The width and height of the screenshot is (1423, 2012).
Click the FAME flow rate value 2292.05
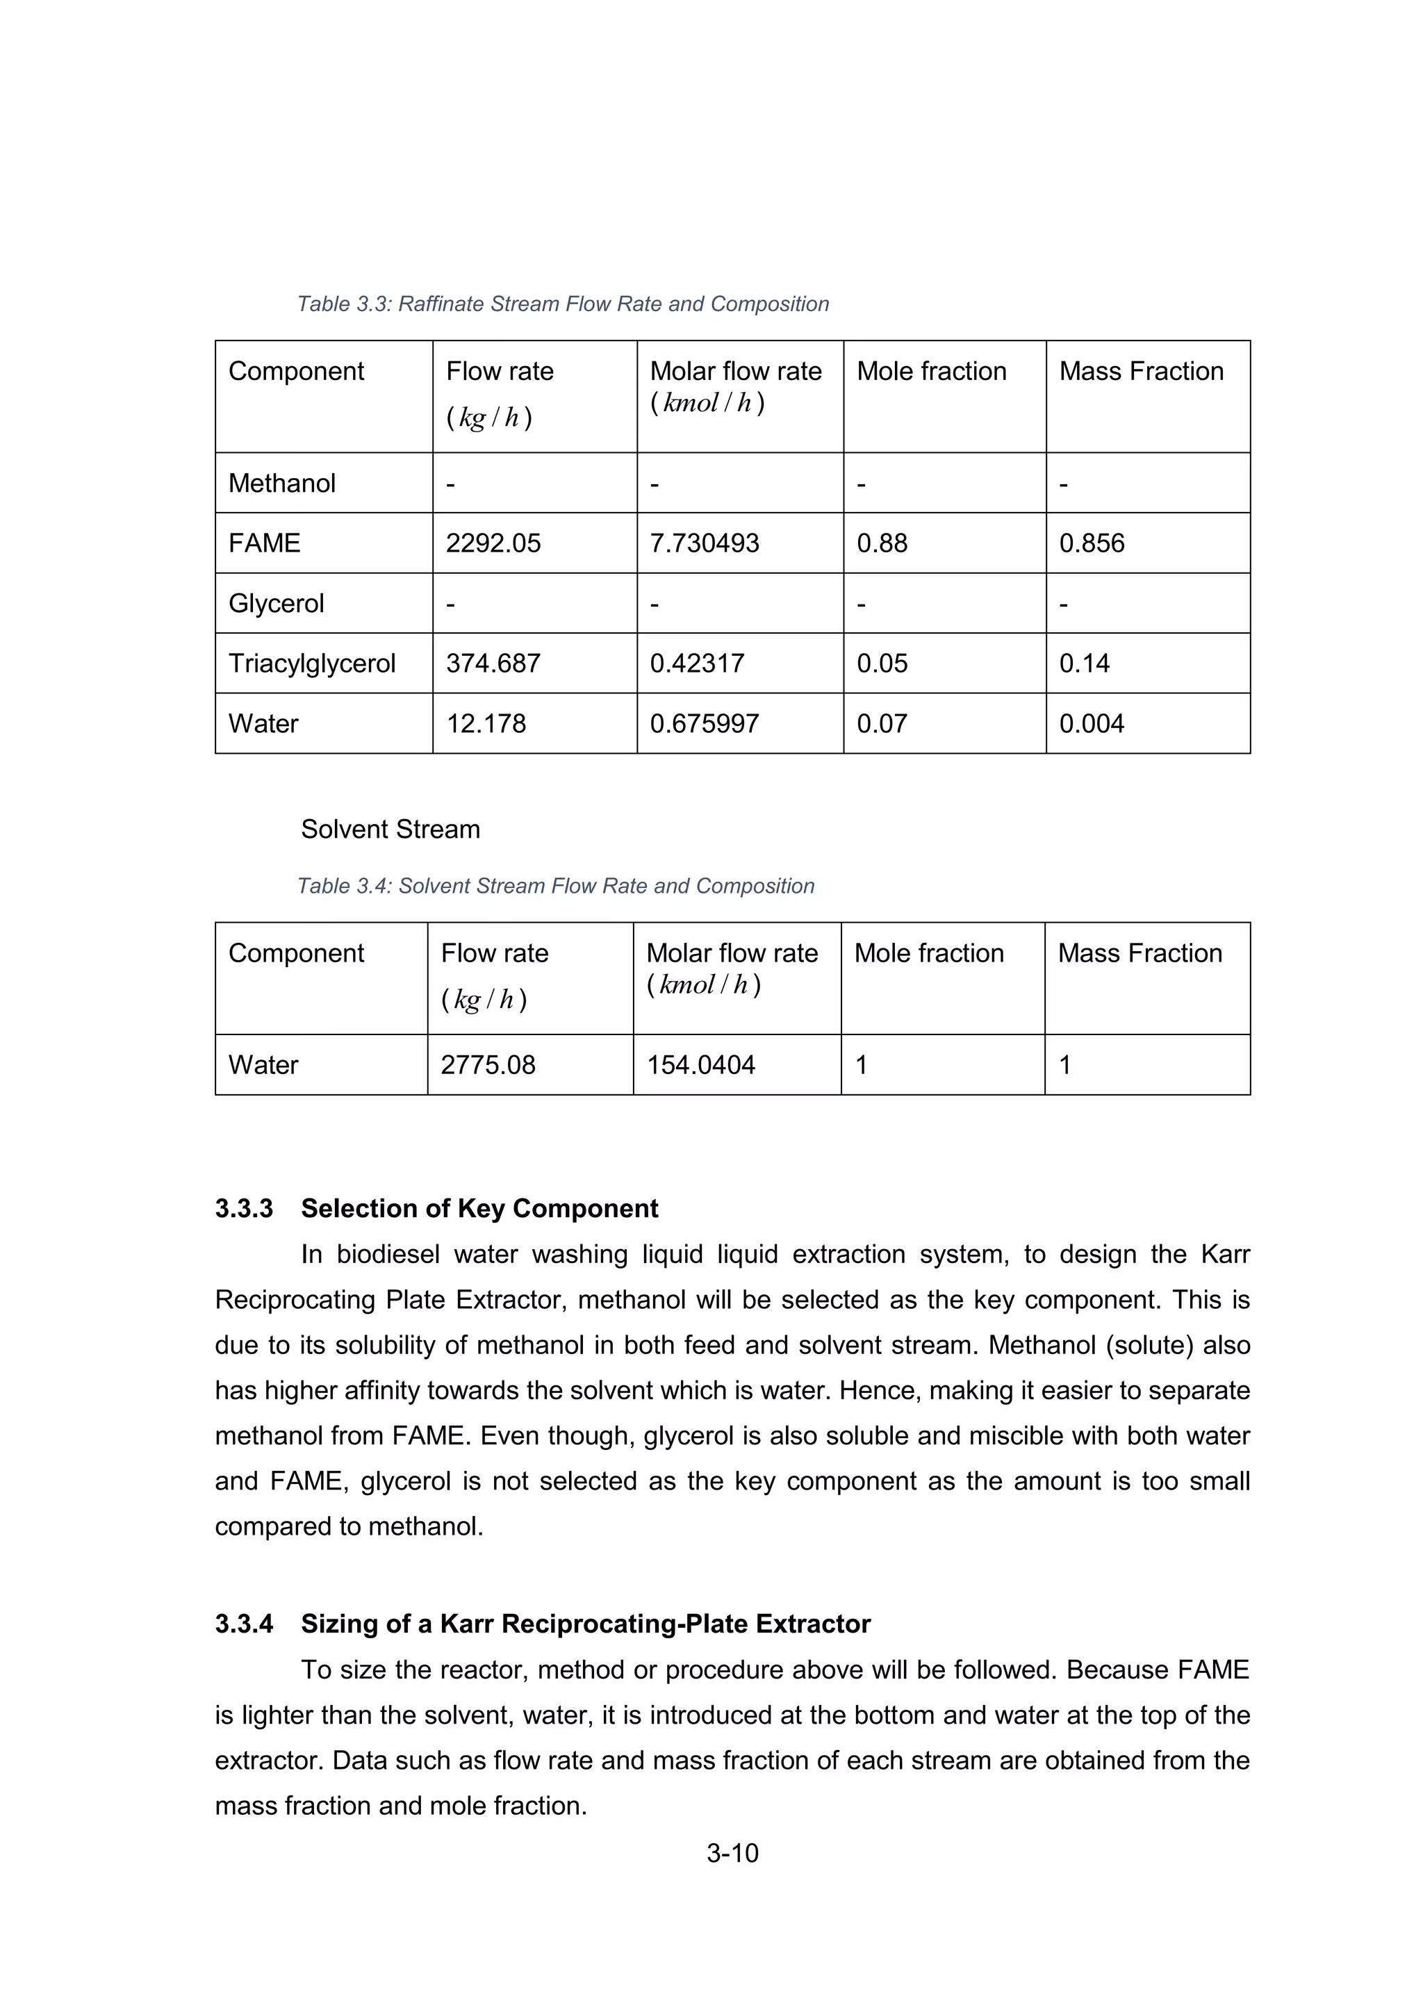[493, 543]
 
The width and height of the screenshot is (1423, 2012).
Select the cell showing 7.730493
[704, 543]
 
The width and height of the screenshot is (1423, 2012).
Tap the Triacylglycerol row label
[312, 663]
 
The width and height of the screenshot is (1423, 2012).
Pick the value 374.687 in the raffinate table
[493, 663]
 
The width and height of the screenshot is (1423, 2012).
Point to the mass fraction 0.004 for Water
[1091, 724]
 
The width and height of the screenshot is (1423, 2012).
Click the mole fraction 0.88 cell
[882, 543]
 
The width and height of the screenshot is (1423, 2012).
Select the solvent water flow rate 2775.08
[487, 1065]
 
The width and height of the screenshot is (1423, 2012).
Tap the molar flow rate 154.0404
[700, 1065]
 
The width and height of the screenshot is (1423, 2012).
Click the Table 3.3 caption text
[563, 304]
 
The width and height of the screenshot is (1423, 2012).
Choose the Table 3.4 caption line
[556, 886]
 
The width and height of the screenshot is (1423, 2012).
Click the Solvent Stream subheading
[390, 829]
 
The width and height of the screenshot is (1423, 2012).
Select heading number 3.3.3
[244, 1208]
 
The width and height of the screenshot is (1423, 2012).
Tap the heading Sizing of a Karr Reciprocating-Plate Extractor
[585, 1624]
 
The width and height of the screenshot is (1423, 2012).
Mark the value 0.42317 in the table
[697, 663]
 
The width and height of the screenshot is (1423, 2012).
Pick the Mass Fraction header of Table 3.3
[1141, 372]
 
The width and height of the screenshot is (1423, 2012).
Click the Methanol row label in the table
[281, 484]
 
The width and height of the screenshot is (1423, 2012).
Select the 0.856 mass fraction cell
[1091, 543]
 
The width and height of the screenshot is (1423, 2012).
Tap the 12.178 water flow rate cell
[486, 724]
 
